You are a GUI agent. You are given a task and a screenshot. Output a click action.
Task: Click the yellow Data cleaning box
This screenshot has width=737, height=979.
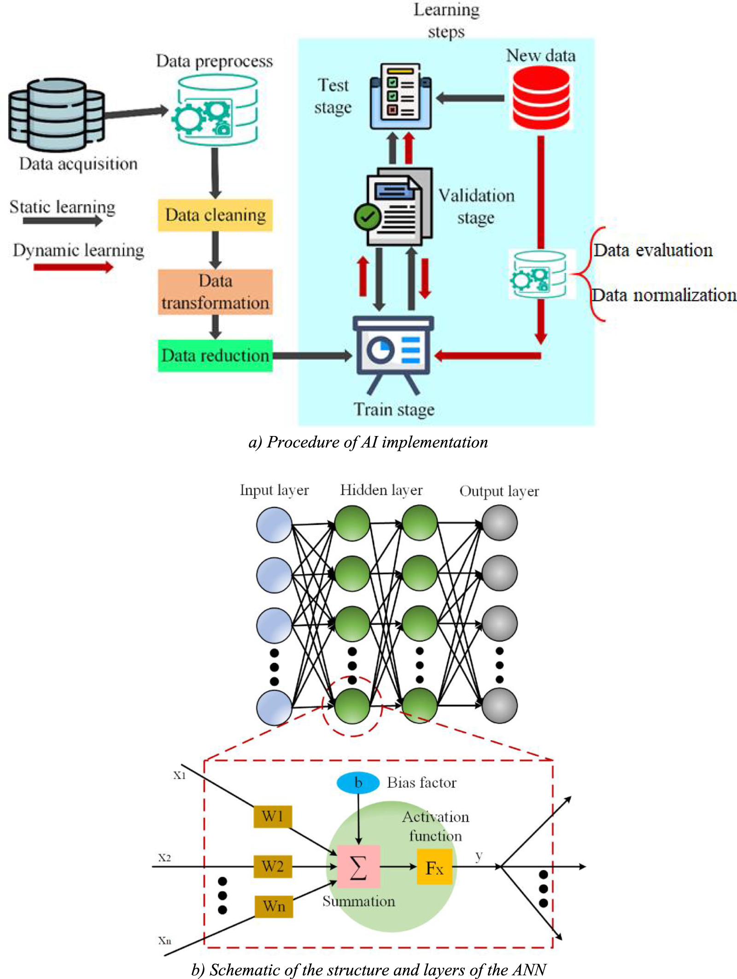[215, 215]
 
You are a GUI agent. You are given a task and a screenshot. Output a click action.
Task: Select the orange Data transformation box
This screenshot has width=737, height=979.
[215, 292]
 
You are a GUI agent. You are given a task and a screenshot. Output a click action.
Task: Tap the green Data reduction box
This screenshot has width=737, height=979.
[215, 355]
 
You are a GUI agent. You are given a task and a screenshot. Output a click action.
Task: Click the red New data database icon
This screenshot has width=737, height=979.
[541, 97]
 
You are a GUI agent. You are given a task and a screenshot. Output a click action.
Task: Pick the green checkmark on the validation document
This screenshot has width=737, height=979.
[367, 216]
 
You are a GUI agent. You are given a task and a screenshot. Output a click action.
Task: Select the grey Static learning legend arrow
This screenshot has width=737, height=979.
[62, 221]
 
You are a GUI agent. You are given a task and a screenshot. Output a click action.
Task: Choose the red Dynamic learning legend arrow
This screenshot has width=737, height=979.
[73, 267]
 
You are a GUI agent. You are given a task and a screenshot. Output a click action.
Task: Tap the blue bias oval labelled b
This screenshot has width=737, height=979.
[358, 783]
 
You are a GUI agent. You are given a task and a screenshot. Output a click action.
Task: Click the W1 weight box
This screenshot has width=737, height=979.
[272, 816]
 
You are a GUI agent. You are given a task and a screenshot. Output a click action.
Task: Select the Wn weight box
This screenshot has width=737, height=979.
[274, 906]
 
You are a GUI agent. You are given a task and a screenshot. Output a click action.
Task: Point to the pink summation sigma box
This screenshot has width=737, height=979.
[358, 866]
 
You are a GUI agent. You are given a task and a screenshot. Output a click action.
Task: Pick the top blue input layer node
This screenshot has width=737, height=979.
[274, 525]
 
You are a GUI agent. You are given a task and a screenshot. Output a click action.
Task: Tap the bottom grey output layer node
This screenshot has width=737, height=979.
[499, 705]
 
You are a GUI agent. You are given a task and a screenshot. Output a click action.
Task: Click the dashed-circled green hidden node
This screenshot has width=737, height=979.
[352, 705]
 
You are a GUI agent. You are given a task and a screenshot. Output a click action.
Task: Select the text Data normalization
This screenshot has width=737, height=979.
[664, 295]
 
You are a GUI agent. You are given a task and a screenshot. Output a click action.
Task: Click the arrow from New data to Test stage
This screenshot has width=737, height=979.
[470, 98]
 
